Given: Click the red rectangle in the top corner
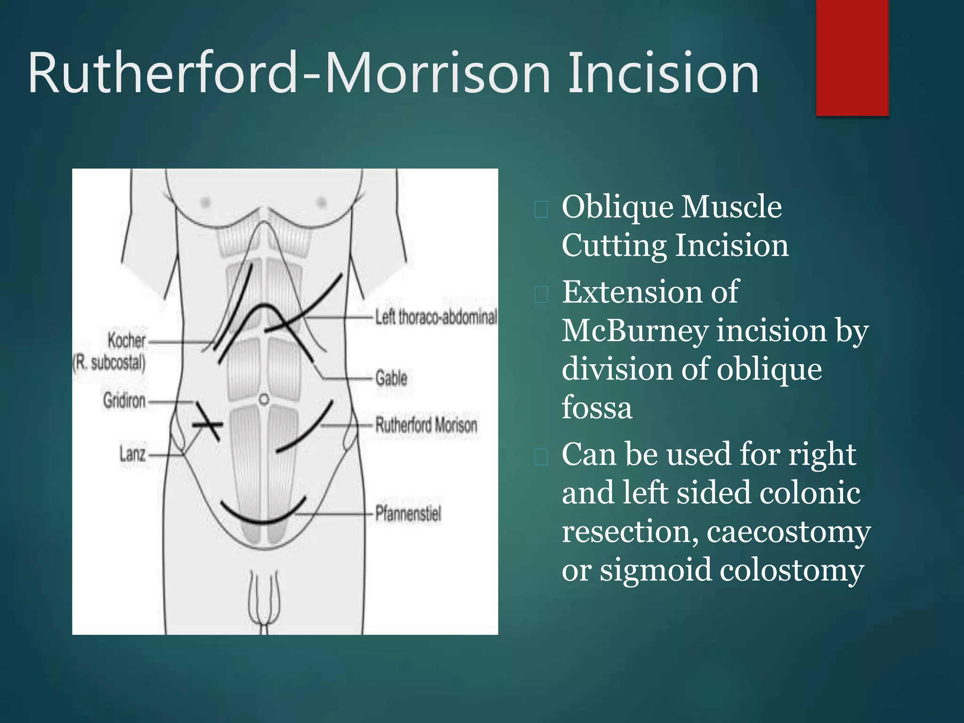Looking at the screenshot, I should coord(852,57).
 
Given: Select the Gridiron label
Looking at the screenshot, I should coord(124,401).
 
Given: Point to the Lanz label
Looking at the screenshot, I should coord(132,454).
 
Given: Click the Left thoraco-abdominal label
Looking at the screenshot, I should coord(435,317).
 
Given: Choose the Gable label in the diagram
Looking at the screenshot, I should coord(391,378).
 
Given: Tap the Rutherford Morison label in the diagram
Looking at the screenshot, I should coord(426,425).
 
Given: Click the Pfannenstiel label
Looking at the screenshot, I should coord(408,513).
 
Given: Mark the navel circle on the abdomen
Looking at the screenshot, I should coord(264,400).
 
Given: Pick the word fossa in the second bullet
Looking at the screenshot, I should coord(597,408).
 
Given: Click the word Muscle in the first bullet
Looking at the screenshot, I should coord(732,207).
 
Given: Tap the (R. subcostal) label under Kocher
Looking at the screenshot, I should coord(109,363).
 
